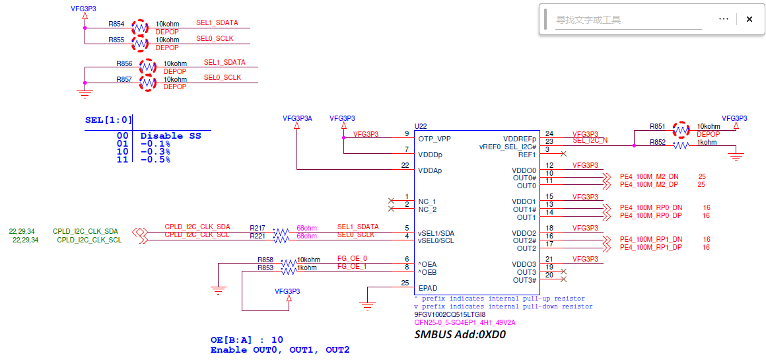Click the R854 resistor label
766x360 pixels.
[116, 23]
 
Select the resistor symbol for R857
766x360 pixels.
[147, 83]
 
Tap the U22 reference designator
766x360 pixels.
[421, 126]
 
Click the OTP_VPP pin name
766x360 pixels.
[434, 139]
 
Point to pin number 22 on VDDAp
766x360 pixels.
[405, 166]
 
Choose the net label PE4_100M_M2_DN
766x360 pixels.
[649, 176]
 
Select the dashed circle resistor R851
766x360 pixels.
[681, 130]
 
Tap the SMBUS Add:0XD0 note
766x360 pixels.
[459, 336]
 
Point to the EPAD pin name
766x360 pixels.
[428, 288]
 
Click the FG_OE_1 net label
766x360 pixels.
[352, 267]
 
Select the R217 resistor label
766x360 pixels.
[258, 228]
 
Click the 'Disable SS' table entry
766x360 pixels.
[170, 136]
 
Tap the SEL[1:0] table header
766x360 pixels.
[108, 120]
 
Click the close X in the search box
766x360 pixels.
[749, 19]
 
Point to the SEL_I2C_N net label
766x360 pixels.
[589, 141]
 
